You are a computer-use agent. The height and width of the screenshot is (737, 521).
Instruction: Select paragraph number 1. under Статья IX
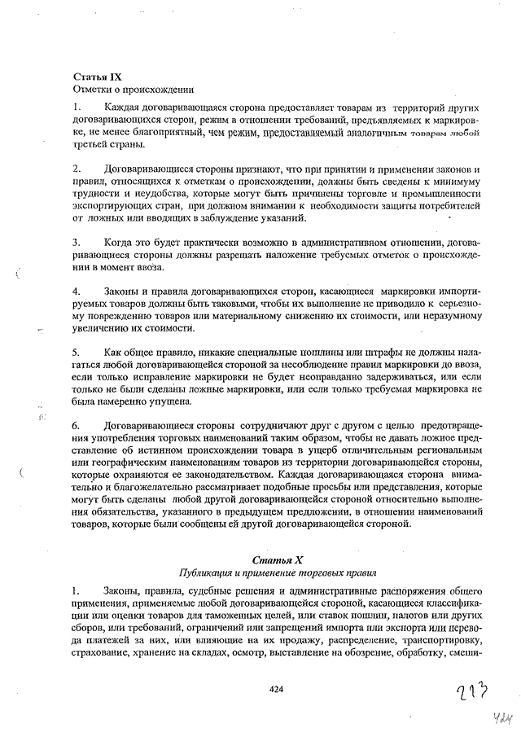point(77,107)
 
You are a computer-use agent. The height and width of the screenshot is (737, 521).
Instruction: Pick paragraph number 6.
point(77,425)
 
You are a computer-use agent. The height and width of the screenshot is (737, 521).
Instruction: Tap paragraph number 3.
point(77,242)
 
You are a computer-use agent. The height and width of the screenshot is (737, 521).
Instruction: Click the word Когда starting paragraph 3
point(120,242)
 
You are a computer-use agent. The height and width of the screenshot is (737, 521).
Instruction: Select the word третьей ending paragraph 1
point(92,144)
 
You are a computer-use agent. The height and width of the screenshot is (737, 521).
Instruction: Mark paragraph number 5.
point(77,352)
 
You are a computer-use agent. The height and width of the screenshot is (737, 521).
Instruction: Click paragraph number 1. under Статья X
point(77,590)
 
